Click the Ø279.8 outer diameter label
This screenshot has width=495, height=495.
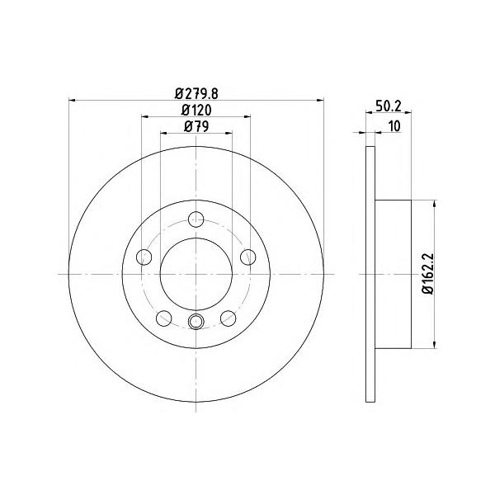coord(196,93)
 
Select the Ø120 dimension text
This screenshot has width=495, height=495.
coord(196,110)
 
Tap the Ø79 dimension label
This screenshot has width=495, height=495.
coord(196,126)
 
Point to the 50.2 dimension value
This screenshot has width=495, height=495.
coord(389,106)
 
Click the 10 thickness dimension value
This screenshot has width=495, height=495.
coord(394,126)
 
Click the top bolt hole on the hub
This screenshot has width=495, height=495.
coord(196,219)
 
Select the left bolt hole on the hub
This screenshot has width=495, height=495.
coord(144,257)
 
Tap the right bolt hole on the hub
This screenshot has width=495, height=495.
coord(248,257)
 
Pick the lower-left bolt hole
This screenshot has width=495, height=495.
coord(164,318)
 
